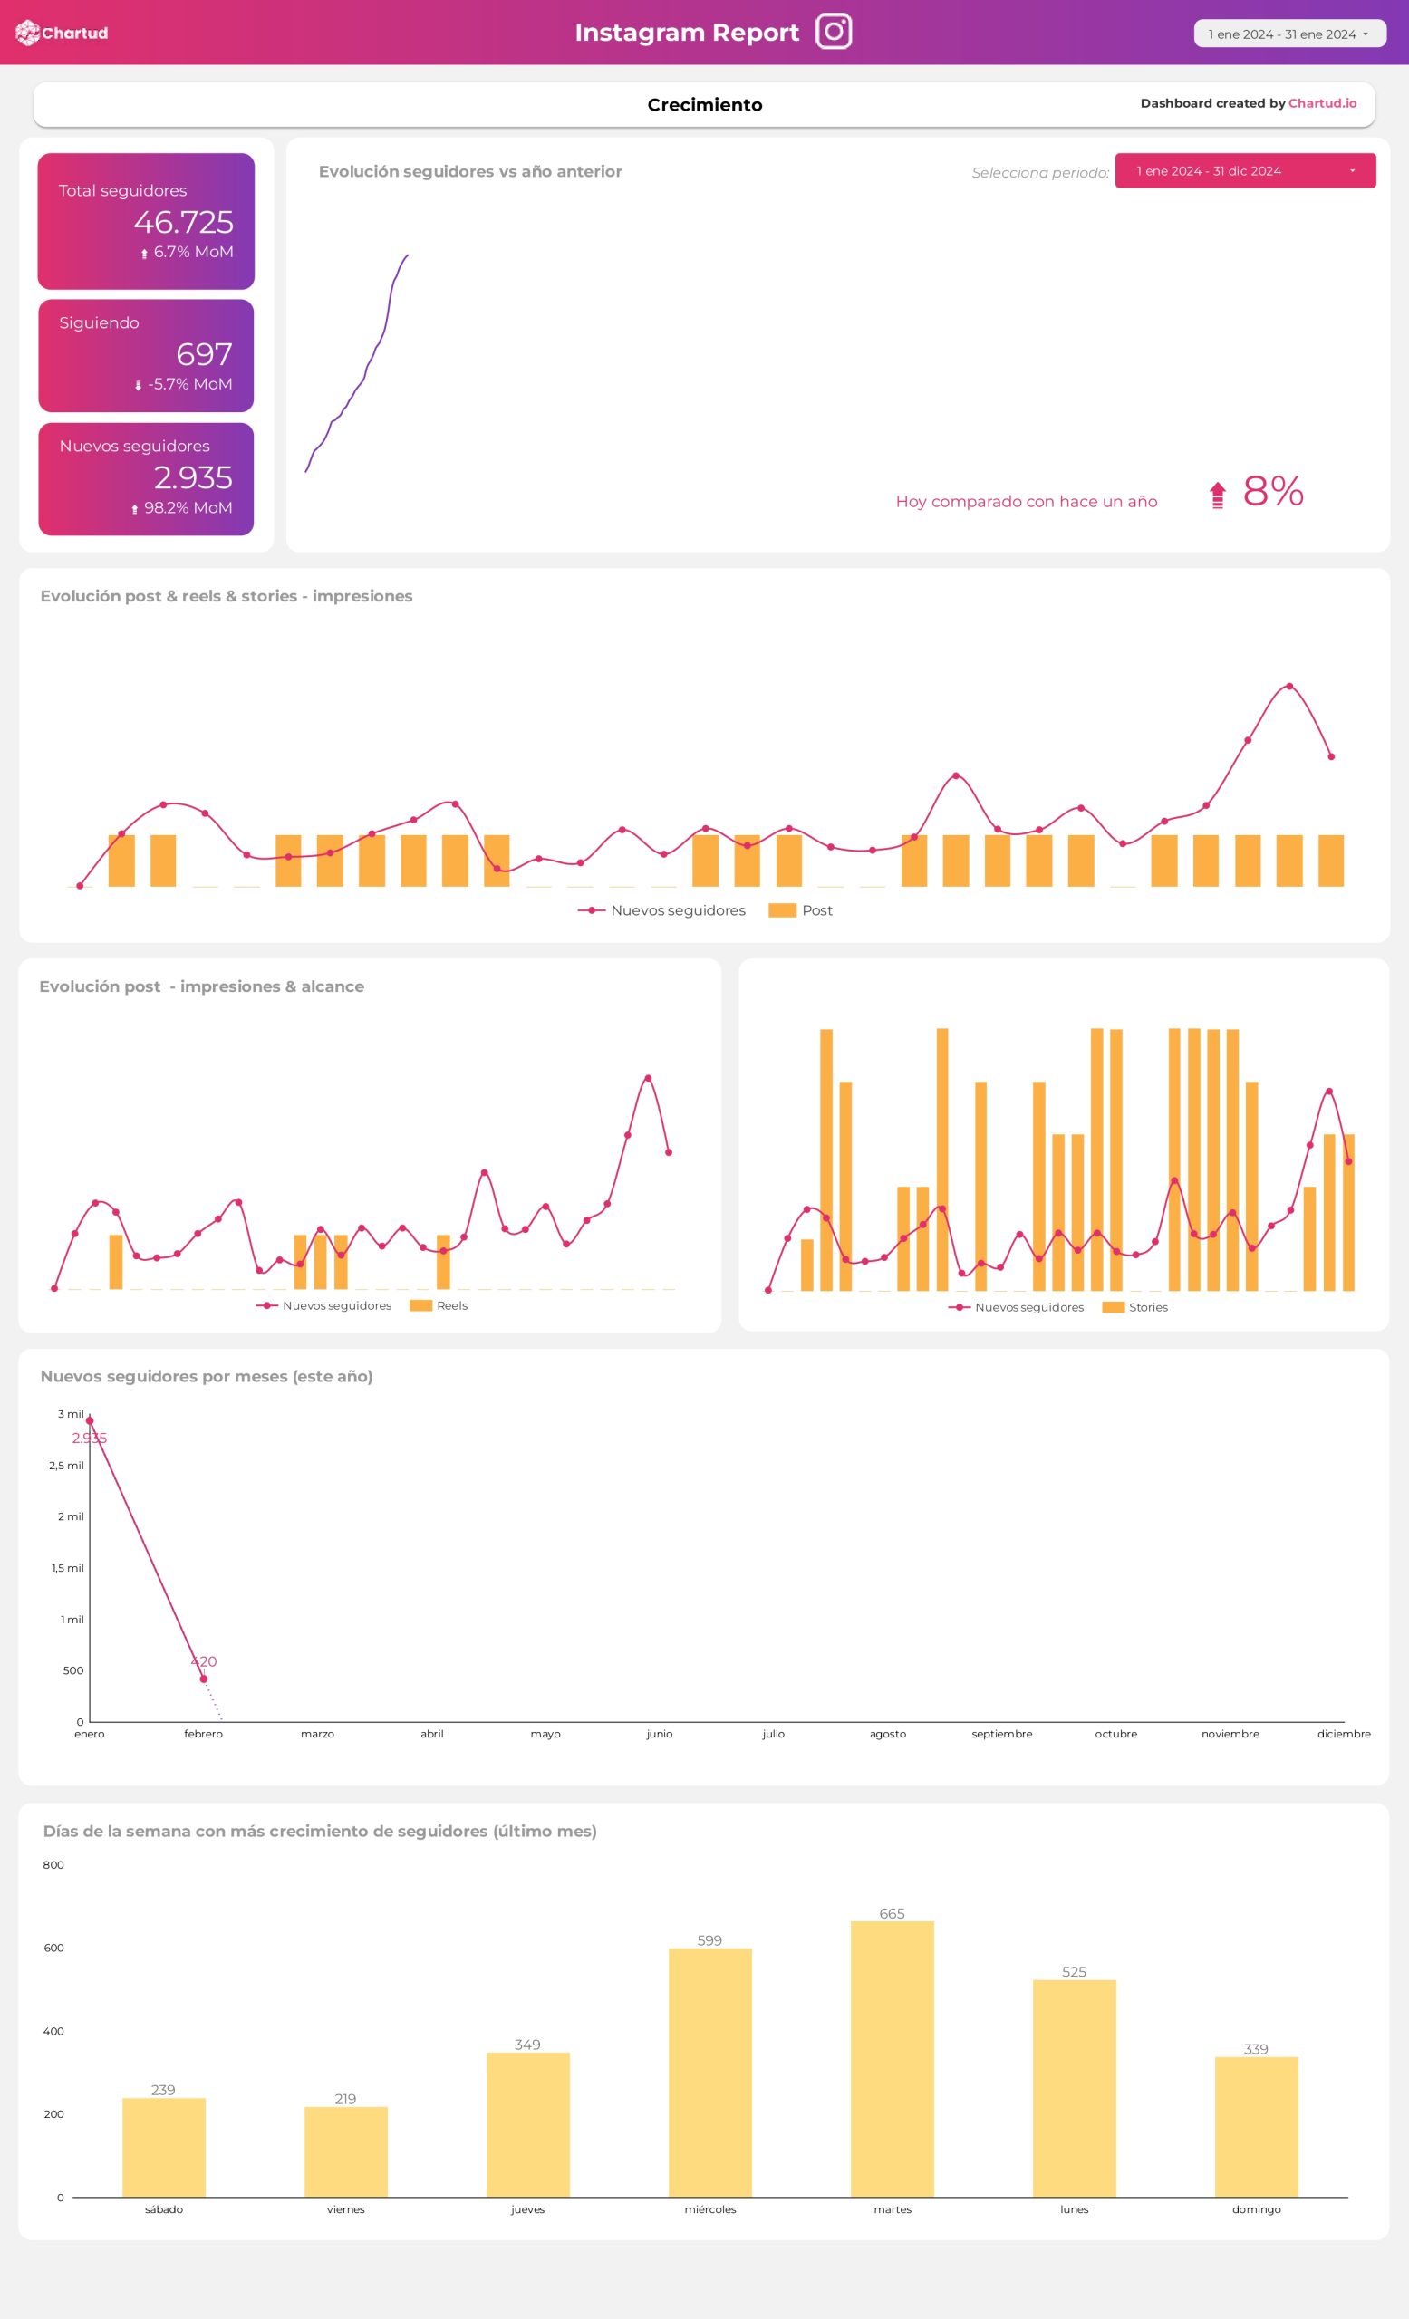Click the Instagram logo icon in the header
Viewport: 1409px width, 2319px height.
(833, 31)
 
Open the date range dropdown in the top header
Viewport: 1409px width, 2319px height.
(1288, 34)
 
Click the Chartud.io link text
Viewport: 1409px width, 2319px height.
(1321, 103)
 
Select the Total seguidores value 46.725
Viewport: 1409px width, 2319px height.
(183, 222)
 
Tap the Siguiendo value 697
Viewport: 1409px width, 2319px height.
(203, 354)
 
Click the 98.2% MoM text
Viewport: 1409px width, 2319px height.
(188, 508)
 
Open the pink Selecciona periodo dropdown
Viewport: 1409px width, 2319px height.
(1244, 171)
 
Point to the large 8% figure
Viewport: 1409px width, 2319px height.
(1272, 491)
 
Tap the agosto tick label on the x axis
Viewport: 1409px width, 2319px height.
(888, 1734)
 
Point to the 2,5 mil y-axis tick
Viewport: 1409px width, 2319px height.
(67, 1466)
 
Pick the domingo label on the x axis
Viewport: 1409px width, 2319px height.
(1256, 2209)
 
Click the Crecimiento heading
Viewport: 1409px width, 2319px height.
(704, 104)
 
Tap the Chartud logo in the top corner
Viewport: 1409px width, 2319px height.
(63, 33)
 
